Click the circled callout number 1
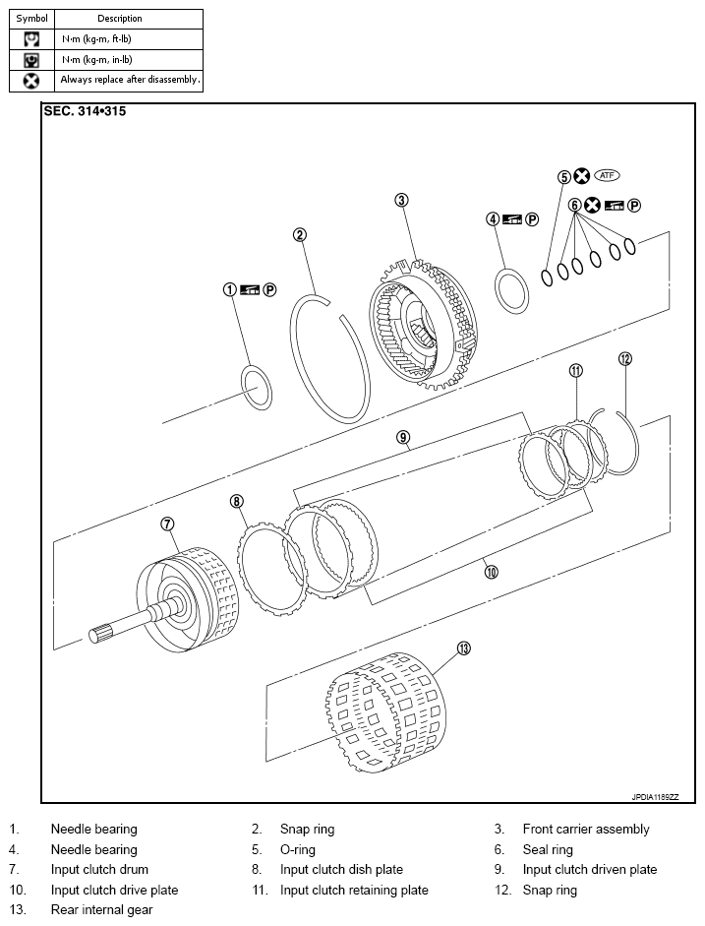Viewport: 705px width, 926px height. [229, 289]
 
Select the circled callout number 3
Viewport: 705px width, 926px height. [401, 200]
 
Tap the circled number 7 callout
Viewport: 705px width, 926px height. [167, 524]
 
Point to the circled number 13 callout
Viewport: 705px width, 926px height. [464, 648]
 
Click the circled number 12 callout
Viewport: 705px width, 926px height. [623, 359]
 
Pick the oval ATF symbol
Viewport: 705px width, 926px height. [608, 175]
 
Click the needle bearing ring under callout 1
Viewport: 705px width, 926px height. [257, 387]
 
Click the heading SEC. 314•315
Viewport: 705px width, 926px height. [85, 111]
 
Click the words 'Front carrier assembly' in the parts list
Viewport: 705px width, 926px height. [586, 830]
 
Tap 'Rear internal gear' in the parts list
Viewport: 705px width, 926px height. [101, 910]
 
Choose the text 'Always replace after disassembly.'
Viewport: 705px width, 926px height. [130, 80]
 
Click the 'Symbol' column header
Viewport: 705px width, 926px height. [31, 19]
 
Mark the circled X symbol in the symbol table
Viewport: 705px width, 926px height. [31, 80]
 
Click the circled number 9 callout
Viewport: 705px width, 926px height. [403, 437]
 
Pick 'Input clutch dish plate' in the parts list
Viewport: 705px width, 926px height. [341, 870]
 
